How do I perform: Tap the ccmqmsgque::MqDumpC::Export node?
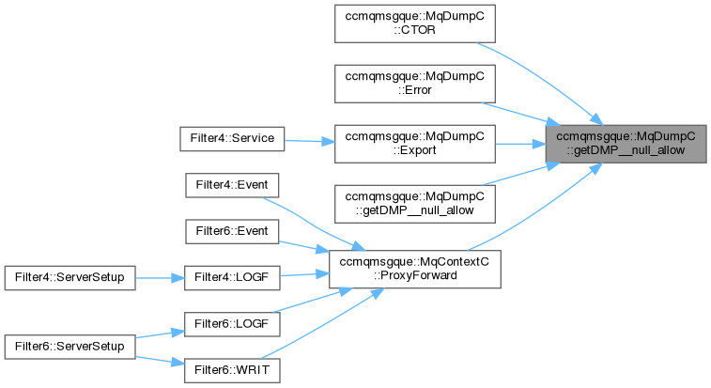tap(415, 143)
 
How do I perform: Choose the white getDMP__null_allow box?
tap(415, 201)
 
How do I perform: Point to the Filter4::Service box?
tap(232, 138)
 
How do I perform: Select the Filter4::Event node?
tap(232, 184)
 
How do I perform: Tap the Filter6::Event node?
tap(232, 230)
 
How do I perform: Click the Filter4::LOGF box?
tap(232, 277)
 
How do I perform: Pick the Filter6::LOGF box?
tap(232, 323)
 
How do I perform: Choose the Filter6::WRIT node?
tap(232, 369)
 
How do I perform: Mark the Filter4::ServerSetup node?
tap(70, 277)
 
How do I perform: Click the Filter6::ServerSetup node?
tap(70, 346)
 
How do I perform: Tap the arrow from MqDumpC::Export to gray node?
tap(521, 143)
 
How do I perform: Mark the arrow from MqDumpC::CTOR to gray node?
tap(535, 80)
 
